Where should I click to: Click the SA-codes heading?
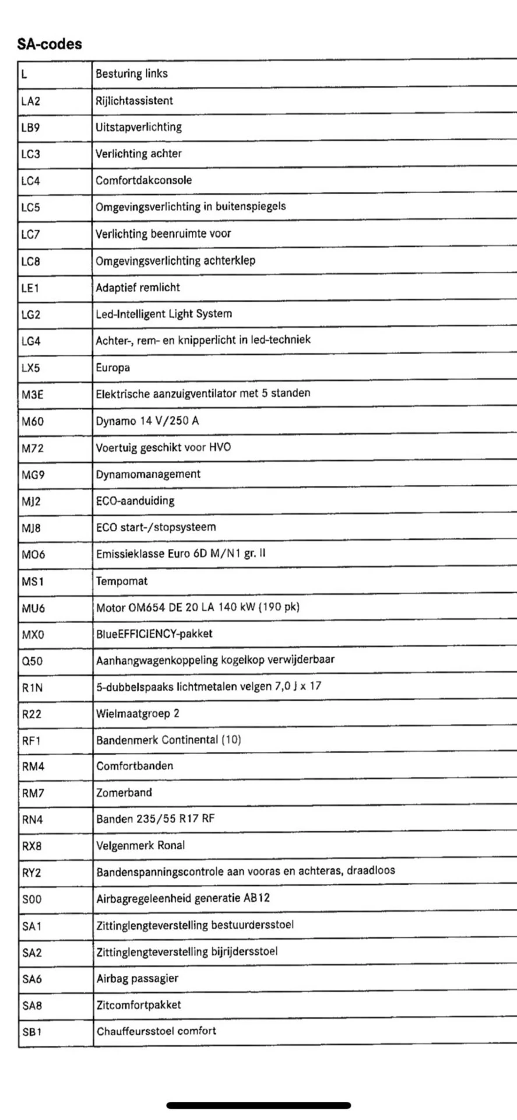tap(50, 44)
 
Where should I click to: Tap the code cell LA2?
tap(31, 101)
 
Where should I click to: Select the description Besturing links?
tap(132, 73)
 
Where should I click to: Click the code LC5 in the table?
tap(31, 208)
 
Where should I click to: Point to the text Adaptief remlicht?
tap(138, 287)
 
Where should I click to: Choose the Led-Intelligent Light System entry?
tap(164, 314)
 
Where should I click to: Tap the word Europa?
tap(113, 367)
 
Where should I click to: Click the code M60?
tap(33, 421)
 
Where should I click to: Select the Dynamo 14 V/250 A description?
tap(147, 421)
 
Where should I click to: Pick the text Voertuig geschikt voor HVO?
tap(163, 447)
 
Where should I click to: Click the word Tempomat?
tap(122, 581)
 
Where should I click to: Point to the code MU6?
tap(33, 608)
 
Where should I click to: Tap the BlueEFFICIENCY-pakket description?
tap(154, 633)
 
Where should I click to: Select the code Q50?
tap(32, 661)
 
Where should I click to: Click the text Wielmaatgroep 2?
tap(138, 713)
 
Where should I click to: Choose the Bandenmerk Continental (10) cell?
tap(168, 740)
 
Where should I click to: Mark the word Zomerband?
tap(124, 793)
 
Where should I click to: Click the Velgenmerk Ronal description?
tap(140, 845)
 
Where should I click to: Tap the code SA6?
tap(32, 979)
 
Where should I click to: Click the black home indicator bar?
tap(259, 1105)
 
